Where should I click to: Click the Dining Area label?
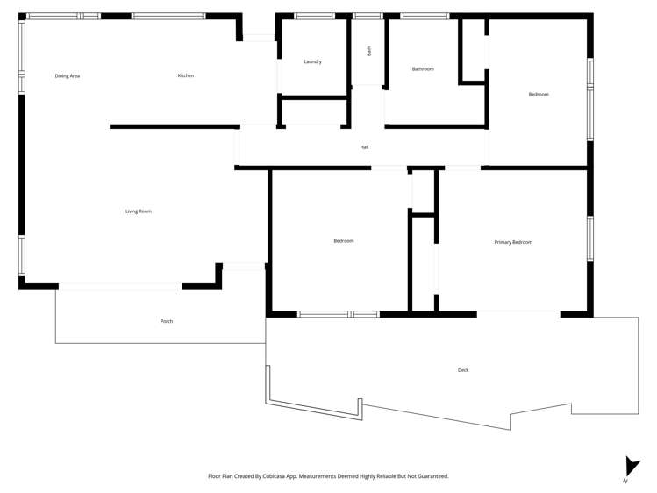coord(68,76)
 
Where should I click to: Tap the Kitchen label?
coord(186,76)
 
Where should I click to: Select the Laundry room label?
coord(313,62)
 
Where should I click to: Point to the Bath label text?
coord(369,51)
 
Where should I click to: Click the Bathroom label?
coord(423,69)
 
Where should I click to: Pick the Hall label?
coord(364,147)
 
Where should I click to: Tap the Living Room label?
coord(139,211)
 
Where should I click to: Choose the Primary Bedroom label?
coord(513,242)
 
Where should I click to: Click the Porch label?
coord(167,322)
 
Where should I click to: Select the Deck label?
coord(463,370)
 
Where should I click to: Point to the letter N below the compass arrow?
coord(625,482)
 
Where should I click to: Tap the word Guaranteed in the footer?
coord(431,476)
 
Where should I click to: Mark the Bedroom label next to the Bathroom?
coord(539,95)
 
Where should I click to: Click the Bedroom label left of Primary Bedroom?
coord(343,241)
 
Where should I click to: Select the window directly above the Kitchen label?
coord(168,16)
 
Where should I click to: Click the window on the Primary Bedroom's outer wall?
coord(590,239)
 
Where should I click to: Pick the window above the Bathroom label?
coord(425,16)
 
